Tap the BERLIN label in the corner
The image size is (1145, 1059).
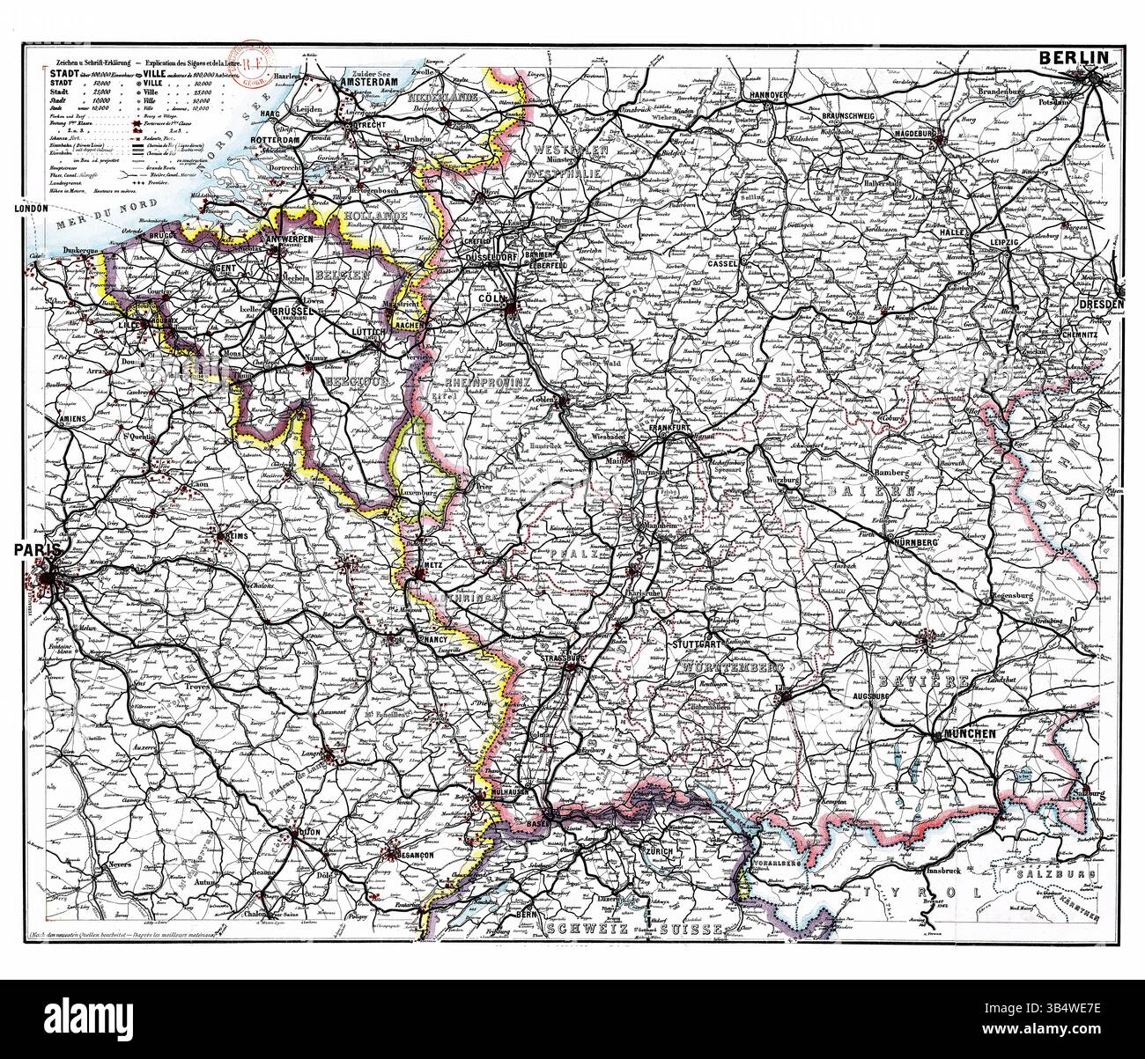(x=1074, y=57)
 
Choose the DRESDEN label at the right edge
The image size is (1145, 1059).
(x=1099, y=305)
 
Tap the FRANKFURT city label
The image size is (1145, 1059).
(x=686, y=433)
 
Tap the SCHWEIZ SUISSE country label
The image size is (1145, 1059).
(x=634, y=930)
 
